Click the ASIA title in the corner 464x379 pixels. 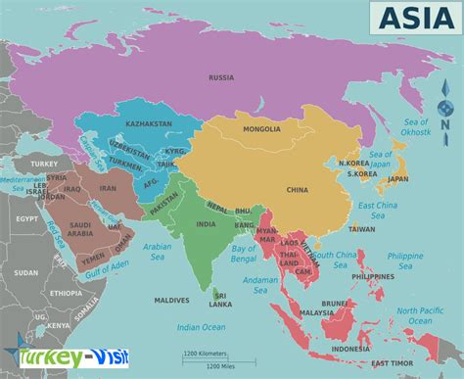(403, 18)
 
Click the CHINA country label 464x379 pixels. (297, 189)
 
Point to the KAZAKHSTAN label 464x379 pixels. (149, 124)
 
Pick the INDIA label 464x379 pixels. (206, 223)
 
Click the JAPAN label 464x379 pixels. (397, 179)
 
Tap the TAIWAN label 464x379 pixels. (361, 229)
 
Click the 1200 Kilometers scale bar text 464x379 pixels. (206, 350)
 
